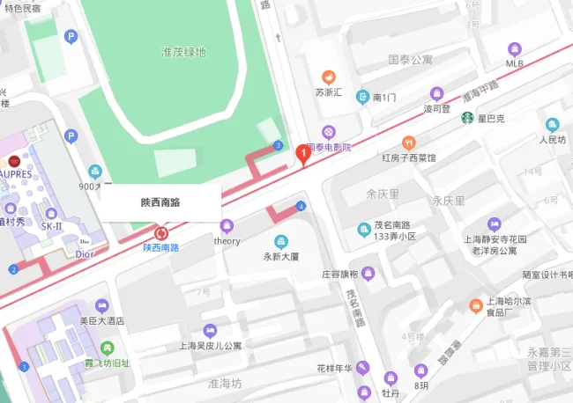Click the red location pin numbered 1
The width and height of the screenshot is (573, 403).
[304, 155]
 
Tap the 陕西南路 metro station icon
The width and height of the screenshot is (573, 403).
[160, 233]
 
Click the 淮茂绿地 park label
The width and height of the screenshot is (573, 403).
[184, 52]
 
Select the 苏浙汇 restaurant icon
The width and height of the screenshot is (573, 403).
[329, 77]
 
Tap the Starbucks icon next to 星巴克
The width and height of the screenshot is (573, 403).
[466, 118]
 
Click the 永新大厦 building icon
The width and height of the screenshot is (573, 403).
[281, 242]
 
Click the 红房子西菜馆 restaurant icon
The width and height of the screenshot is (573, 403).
[408, 143]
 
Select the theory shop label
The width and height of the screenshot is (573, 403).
[227, 241]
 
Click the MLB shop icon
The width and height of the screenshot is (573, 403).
[515, 48]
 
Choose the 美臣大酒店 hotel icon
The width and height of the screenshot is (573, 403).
[101, 305]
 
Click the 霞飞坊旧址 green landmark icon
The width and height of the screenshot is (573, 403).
[106, 348]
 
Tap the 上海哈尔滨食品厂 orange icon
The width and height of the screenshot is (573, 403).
[476, 305]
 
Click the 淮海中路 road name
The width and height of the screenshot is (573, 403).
[481, 97]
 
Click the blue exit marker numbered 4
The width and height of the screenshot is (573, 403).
[301, 206]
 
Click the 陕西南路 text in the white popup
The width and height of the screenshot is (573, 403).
[160, 201]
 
